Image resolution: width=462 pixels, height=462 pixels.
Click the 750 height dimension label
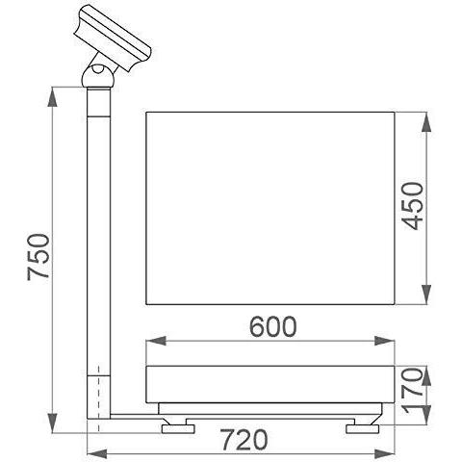38,257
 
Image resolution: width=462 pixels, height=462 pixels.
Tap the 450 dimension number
413,206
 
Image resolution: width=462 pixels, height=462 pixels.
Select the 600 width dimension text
273,327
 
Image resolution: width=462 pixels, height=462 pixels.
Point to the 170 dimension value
413,391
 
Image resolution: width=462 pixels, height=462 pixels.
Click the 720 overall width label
244,440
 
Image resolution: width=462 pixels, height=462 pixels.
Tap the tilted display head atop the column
114,38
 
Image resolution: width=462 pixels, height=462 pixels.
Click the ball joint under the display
97,77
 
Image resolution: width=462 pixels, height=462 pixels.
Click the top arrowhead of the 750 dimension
52,96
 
